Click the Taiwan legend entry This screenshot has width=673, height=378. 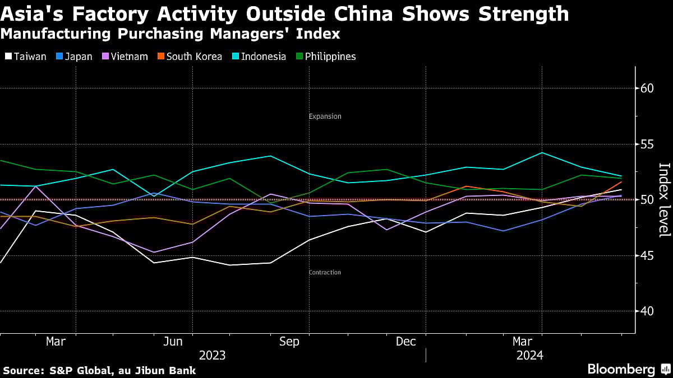(26, 57)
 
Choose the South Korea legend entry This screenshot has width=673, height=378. (189, 57)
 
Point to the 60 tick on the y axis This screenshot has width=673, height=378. (646, 88)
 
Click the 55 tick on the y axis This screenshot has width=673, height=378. (646, 144)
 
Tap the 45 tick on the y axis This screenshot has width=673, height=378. (646, 255)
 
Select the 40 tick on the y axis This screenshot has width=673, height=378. (646, 311)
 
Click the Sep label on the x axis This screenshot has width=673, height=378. (289, 342)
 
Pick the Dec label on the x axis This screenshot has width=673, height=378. (405, 342)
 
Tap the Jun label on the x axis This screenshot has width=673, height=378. (173, 342)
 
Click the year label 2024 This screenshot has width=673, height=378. (530, 355)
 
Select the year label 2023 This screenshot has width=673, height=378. (212, 355)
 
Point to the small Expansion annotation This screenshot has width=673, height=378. (325, 116)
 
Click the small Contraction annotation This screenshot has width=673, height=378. (325, 273)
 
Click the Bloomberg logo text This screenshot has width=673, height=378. (621, 370)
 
